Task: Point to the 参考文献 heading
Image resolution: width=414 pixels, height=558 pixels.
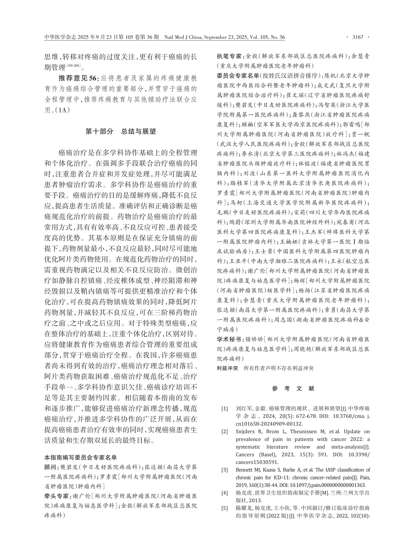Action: tap(293, 388)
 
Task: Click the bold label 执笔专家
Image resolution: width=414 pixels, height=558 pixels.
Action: tap(229, 56)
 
